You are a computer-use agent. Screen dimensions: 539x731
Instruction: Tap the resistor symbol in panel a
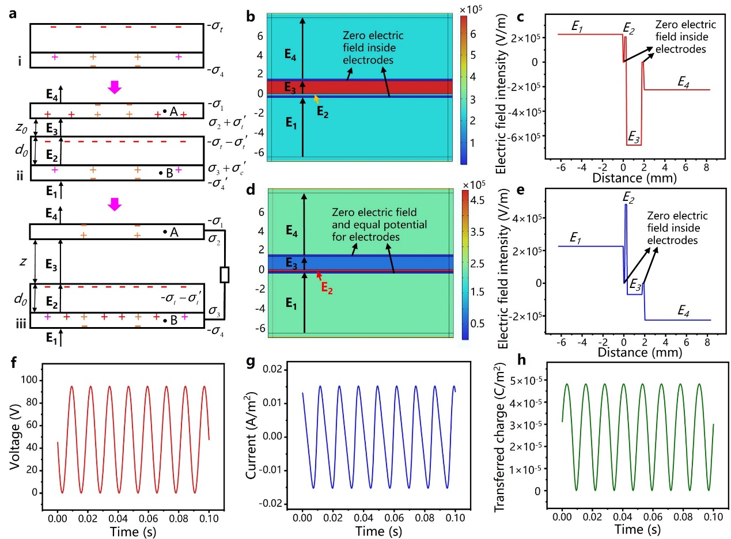point(225,275)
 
